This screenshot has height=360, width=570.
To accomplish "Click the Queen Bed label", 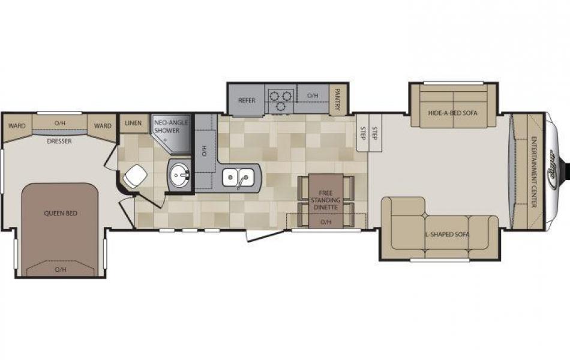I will [60, 213].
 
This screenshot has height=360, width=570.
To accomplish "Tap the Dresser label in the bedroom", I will [59, 142].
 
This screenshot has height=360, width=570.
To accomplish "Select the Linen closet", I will [133, 124].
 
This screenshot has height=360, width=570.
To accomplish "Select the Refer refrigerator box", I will [247, 100].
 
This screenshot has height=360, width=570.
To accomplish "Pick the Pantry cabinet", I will [338, 100].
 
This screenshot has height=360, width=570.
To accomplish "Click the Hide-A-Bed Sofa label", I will [453, 112].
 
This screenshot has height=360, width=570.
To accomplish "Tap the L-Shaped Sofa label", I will [447, 234].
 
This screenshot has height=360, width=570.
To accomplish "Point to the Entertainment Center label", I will [533, 172].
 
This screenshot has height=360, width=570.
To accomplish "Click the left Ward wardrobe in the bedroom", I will [16, 126].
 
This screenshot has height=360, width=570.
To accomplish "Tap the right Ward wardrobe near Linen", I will [103, 126].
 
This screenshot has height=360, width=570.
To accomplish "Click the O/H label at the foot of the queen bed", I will [60, 269].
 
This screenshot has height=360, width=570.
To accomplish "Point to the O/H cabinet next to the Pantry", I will [313, 95].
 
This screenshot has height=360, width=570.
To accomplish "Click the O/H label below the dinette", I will [326, 222].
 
